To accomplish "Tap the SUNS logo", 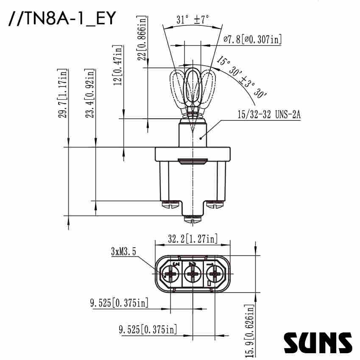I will point(318,342).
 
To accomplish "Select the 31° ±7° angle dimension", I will point(193,20).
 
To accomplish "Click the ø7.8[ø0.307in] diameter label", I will point(252,39).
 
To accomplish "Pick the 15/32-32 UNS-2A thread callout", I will point(269,114).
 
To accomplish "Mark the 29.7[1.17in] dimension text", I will point(63,93).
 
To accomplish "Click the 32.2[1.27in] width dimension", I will point(193,239).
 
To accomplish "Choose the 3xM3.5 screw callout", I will point(123,251).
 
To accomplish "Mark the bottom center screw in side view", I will point(193,219).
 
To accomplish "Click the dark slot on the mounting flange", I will point(193,161).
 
